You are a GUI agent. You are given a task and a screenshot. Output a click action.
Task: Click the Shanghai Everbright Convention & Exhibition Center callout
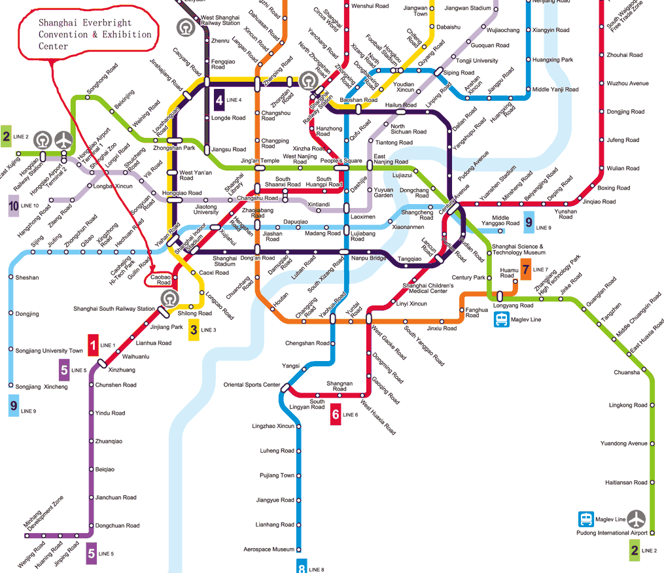pyautogui.click(x=85, y=35)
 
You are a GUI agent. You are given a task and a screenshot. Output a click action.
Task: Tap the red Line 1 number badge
pyautogui.click(x=94, y=344)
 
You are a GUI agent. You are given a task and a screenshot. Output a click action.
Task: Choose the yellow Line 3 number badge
pyautogui.click(x=194, y=330)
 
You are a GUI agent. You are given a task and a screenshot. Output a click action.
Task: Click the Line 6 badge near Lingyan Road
pyautogui.click(x=335, y=415)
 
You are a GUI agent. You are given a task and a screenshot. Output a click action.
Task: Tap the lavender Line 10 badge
pyautogui.click(x=14, y=205)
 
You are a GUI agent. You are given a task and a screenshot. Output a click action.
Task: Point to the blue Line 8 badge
pyautogui.click(x=302, y=566)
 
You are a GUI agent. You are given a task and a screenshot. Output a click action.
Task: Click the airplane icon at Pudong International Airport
pyautogui.click(x=637, y=519)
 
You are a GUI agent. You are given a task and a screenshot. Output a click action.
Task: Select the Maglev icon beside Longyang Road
pyautogui.click(x=502, y=319)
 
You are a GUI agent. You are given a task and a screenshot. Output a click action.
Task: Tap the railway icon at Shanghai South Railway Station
pyautogui.click(x=169, y=298)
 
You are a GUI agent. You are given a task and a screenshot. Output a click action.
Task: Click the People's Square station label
pyautogui.click(x=340, y=160)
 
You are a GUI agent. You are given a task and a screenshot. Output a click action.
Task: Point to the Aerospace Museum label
pyautogui.click(x=269, y=549)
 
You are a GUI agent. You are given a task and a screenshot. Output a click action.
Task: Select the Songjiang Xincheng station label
pyautogui.click(x=41, y=387)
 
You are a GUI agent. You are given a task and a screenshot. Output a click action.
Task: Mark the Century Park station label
pyautogui.click(x=468, y=278)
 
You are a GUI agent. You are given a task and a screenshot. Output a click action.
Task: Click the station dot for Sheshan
pyautogui.click(x=11, y=277)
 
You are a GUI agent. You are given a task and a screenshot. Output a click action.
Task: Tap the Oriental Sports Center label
pyautogui.click(x=251, y=385)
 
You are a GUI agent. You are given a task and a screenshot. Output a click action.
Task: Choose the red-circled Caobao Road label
pyautogui.click(x=160, y=280)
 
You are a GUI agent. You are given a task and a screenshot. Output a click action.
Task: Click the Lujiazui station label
pyautogui.click(x=402, y=175)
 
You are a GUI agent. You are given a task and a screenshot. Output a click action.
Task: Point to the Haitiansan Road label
pyautogui.click(x=626, y=483)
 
